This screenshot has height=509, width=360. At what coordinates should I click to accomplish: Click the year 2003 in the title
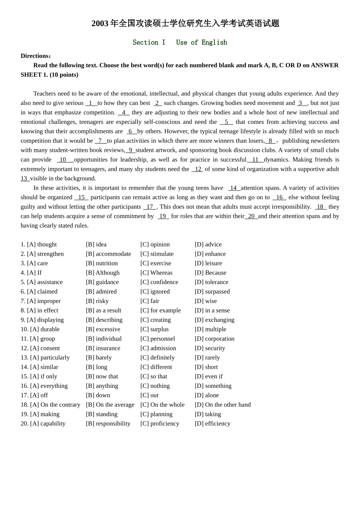pyautogui.click(x=100, y=23)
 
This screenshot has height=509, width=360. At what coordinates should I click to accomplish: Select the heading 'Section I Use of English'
pyautogui.click(x=180, y=42)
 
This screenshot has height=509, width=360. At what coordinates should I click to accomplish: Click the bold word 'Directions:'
pyautogui.click(x=36, y=56)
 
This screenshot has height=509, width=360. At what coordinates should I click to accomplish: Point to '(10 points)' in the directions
pyautogui.click(x=64, y=75)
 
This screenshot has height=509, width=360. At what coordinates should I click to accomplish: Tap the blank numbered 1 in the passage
pyautogui.click(x=91, y=103)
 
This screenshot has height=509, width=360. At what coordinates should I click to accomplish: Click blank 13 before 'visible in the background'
pyautogui.click(x=25, y=178)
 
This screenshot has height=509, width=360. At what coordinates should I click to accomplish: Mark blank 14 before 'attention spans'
pyautogui.click(x=233, y=188)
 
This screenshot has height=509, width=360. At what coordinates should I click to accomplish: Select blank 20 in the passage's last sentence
pyautogui.click(x=251, y=216)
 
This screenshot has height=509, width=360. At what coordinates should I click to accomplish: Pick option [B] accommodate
pyautogui.click(x=108, y=254)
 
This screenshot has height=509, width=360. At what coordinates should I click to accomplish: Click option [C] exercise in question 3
pyautogui.click(x=155, y=263)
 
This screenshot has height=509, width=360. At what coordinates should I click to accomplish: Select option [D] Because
pyautogui.click(x=210, y=273)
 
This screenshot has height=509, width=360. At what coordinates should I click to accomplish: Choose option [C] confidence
pyautogui.click(x=159, y=282)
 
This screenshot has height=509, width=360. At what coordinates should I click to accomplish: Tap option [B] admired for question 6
pyautogui.click(x=101, y=292)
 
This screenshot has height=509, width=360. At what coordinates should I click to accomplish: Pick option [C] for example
pyautogui.click(x=160, y=311)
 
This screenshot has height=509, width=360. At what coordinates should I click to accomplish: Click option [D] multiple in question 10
pyautogui.click(x=210, y=329)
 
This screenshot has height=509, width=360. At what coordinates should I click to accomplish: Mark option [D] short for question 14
pyautogui.click(x=206, y=367)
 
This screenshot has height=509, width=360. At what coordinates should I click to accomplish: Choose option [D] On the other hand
pyautogui.click(x=222, y=405)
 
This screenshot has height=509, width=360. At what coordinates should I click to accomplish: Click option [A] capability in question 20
pyautogui.click(x=47, y=423)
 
